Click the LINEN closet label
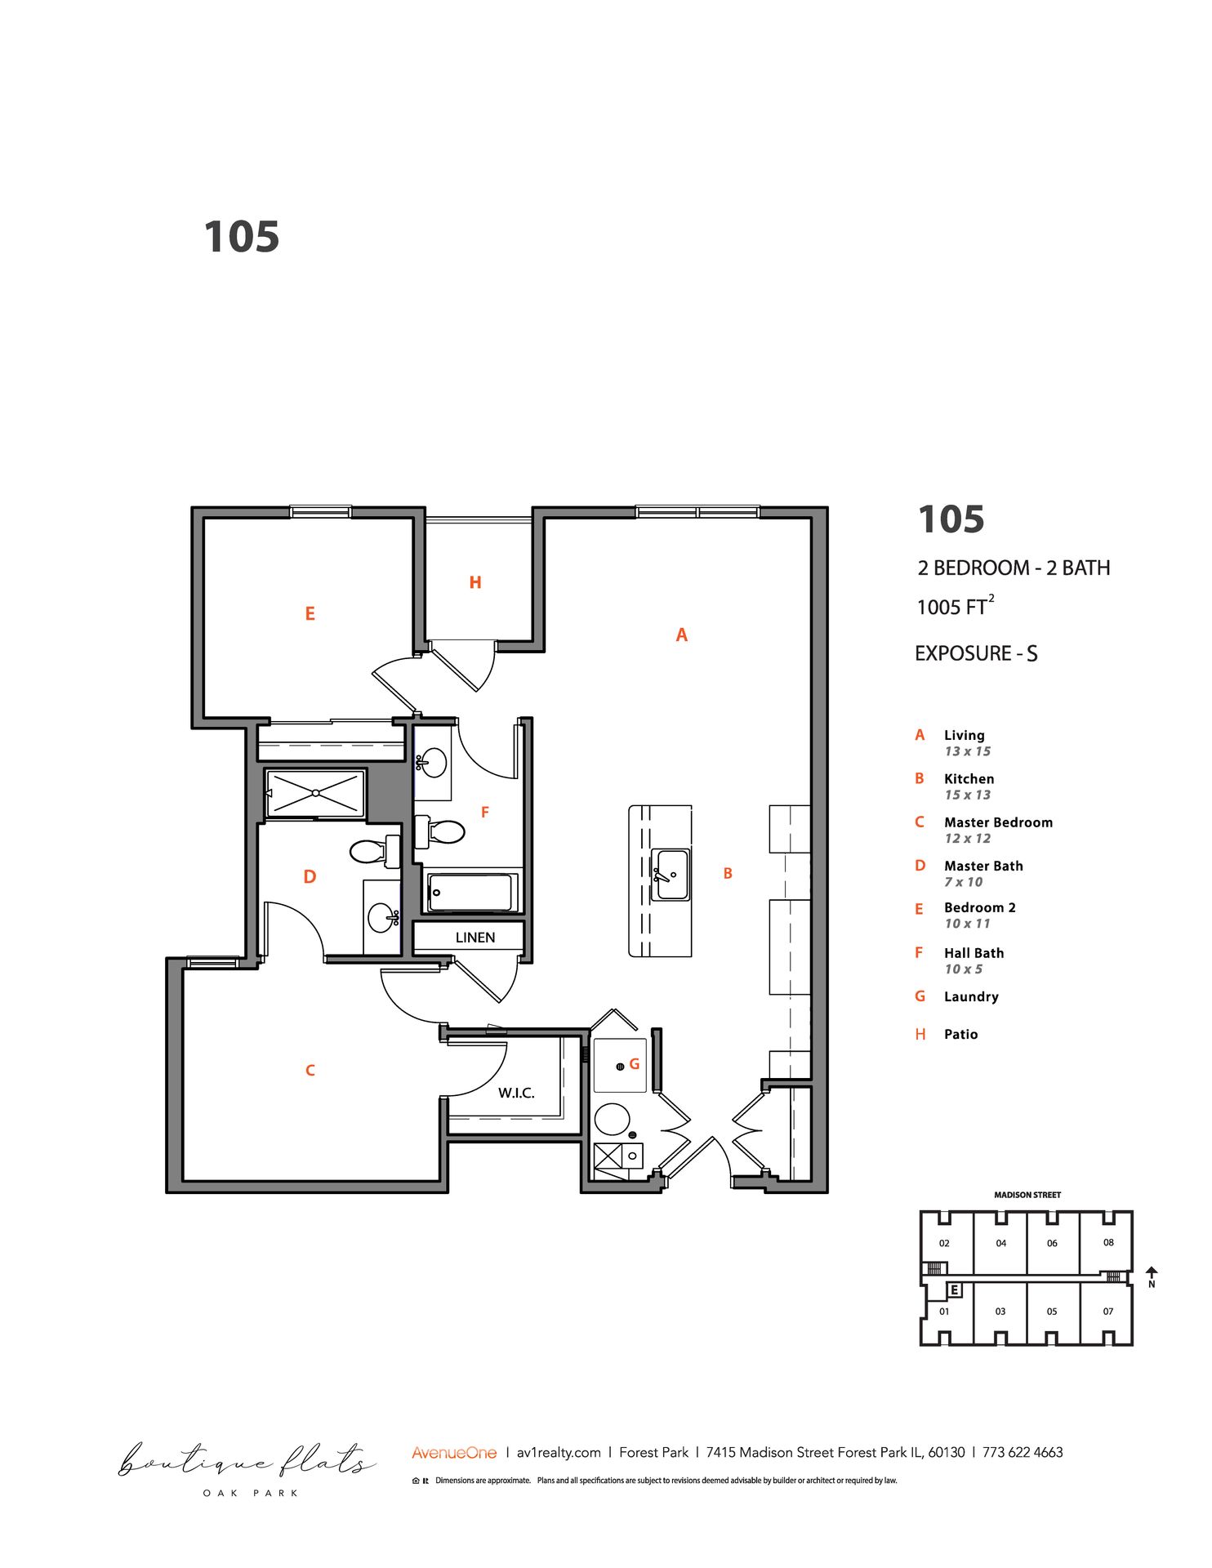tap(475, 938)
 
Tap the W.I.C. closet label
tap(516, 1093)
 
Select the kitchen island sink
tap(670, 874)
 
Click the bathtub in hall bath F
tap(470, 892)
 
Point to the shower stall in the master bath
tap(315, 793)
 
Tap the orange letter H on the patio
tap(475, 582)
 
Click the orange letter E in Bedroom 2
tap(310, 613)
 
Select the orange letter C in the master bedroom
tap(310, 1070)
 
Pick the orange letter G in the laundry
tap(634, 1064)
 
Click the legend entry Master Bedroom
tap(998, 822)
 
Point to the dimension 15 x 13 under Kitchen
tap(967, 795)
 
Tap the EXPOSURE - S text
tap(976, 653)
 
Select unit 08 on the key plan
tap(1108, 1242)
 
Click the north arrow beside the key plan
tap(1152, 1273)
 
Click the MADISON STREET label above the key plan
tap(1027, 1195)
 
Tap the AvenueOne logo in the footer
tap(454, 1453)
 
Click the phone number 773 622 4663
tap(1023, 1452)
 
